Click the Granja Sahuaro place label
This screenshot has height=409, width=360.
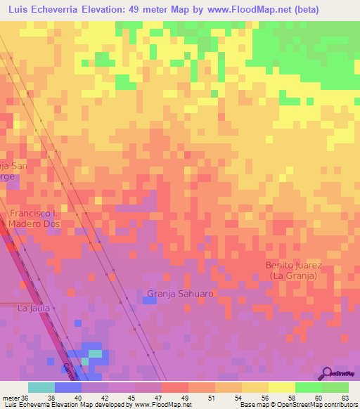[179, 293]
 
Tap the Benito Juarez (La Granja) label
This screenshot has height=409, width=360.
[293, 271]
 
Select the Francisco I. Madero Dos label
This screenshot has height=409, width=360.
[35, 218]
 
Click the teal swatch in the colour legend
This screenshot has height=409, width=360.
[41, 387]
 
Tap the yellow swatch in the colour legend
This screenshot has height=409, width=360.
[282, 387]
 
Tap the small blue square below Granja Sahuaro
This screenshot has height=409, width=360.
[149, 301]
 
